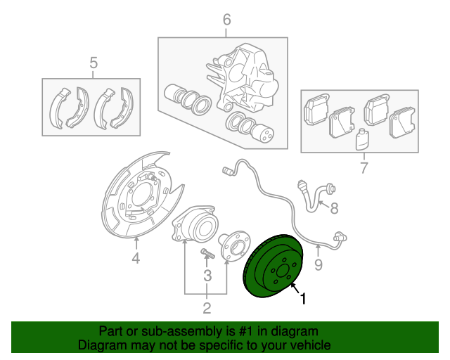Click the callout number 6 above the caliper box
226,20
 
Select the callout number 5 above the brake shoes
94,63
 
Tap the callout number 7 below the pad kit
364,167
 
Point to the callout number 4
136,258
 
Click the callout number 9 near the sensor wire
319,264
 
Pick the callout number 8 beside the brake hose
334,208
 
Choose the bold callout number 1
303,298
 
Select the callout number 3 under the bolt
207,276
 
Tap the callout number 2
207,308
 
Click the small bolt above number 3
208,253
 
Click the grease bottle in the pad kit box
362,139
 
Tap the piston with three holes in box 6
262,133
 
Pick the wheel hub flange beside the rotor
235,246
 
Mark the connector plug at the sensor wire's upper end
227,172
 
